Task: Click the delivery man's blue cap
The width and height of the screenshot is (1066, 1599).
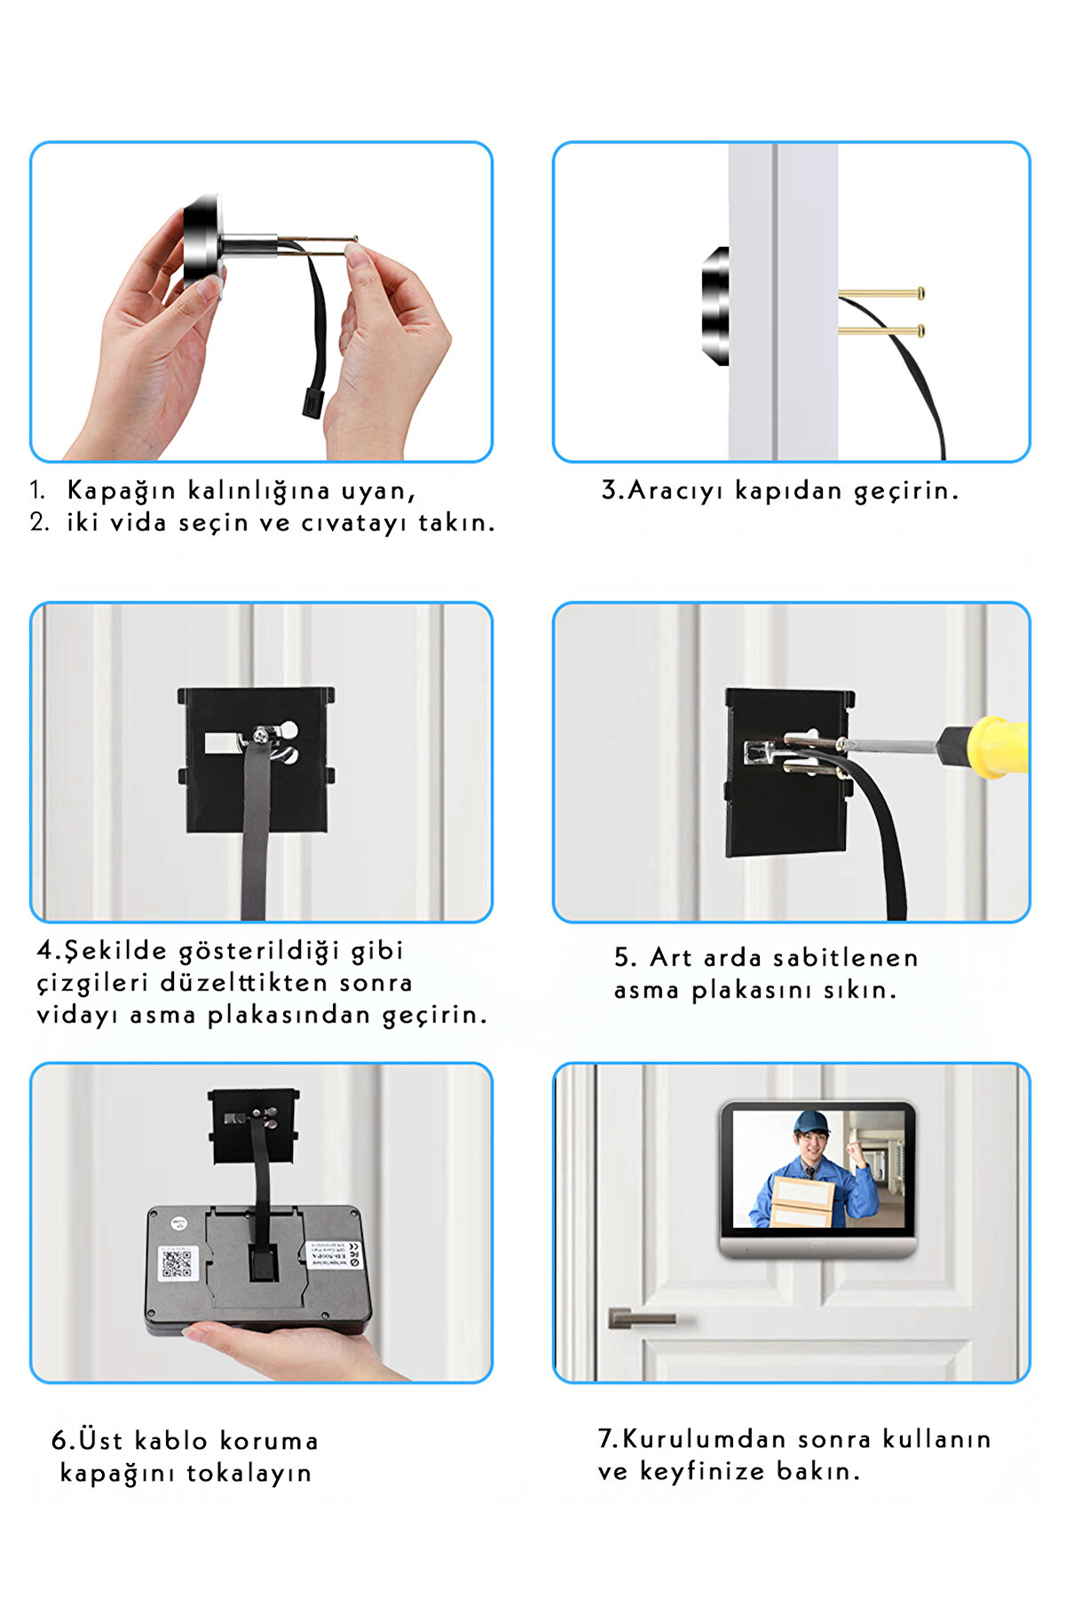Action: click(810, 1122)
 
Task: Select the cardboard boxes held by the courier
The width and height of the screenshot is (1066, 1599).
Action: click(801, 1200)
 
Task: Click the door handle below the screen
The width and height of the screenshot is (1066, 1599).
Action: click(641, 1318)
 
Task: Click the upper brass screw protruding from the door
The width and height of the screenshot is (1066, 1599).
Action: click(880, 293)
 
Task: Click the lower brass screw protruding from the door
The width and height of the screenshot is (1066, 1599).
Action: click(880, 331)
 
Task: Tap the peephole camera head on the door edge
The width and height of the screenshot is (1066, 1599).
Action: click(715, 306)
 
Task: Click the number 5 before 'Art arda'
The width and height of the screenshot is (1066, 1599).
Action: click(623, 957)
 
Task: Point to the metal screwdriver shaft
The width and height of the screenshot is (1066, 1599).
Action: click(892, 746)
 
